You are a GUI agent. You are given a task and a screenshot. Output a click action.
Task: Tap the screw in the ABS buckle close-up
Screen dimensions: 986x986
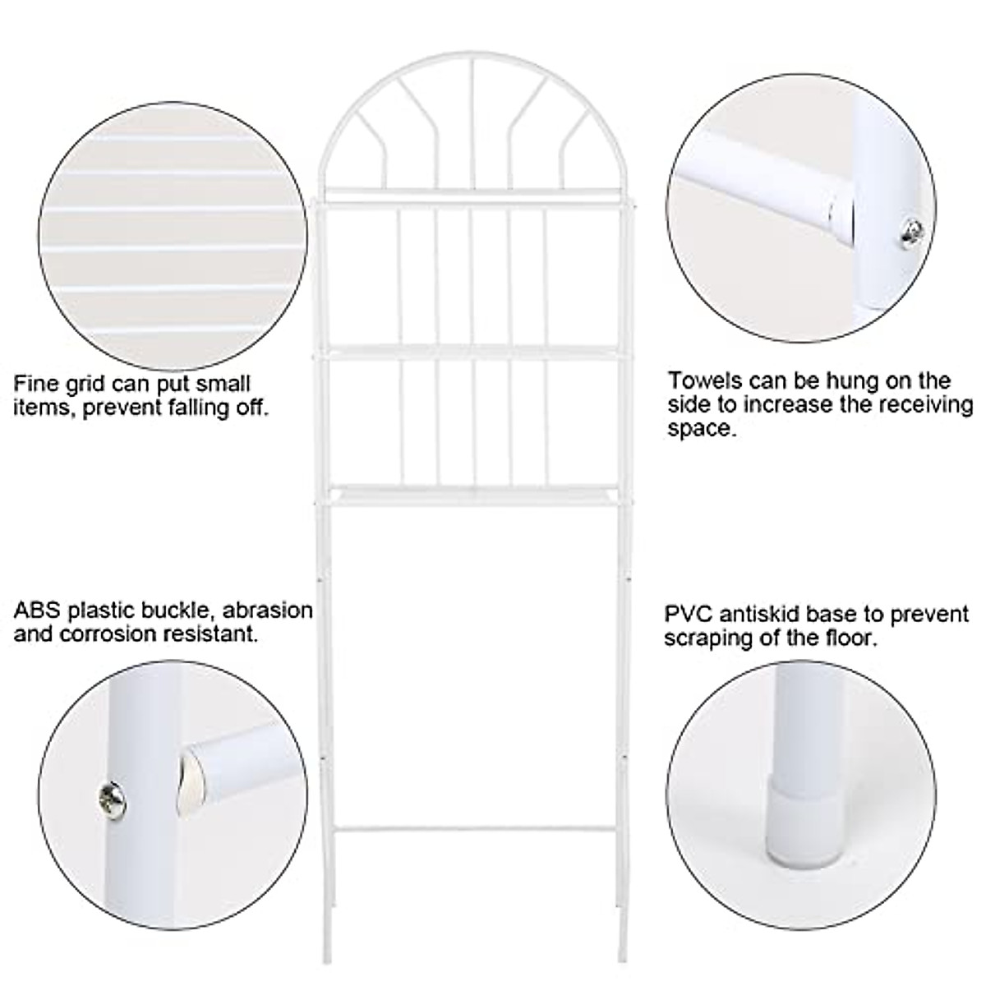coord(108,795)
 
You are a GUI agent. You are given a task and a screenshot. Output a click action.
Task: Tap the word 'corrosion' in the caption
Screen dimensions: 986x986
coord(114,634)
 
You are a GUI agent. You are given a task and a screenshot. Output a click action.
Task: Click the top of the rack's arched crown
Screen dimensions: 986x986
coord(472,57)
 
